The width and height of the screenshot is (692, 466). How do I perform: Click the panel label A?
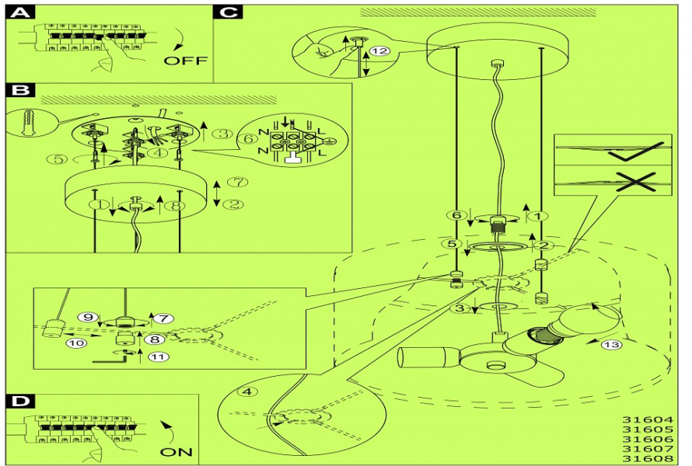(22, 13)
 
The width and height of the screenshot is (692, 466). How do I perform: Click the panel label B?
(22, 90)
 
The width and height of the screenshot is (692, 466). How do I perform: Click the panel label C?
(229, 12)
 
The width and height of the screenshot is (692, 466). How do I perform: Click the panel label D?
(22, 401)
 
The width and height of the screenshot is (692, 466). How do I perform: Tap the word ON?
(176, 451)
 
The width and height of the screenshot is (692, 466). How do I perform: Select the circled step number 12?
(379, 51)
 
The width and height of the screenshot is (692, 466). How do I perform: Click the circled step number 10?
(75, 342)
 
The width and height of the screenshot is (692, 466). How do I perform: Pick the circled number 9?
(89, 317)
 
